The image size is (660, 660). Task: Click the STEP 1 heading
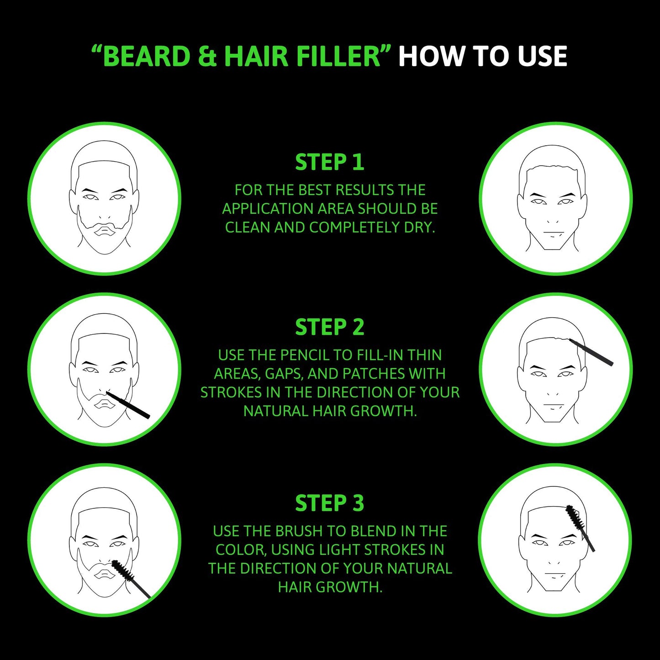click(x=329, y=163)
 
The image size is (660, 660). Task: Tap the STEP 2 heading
click(x=329, y=327)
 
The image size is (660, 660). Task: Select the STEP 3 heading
click(x=329, y=503)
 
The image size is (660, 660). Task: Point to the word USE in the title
click(x=543, y=57)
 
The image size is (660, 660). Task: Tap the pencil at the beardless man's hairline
click(x=591, y=352)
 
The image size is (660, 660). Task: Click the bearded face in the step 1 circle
click(x=104, y=199)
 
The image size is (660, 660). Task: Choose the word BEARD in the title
click(x=146, y=57)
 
